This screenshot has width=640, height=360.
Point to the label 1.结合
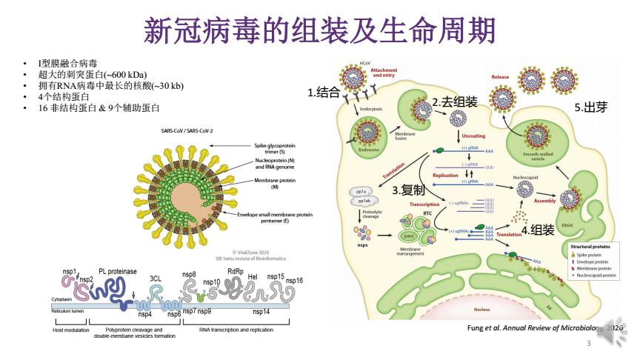coord(324,93)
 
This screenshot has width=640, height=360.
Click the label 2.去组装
coord(455,101)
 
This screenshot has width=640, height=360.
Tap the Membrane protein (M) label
coord(275,183)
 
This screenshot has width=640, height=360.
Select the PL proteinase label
coord(118,272)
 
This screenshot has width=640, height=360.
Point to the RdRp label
coord(236,271)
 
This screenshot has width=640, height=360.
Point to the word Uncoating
coord(473,136)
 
